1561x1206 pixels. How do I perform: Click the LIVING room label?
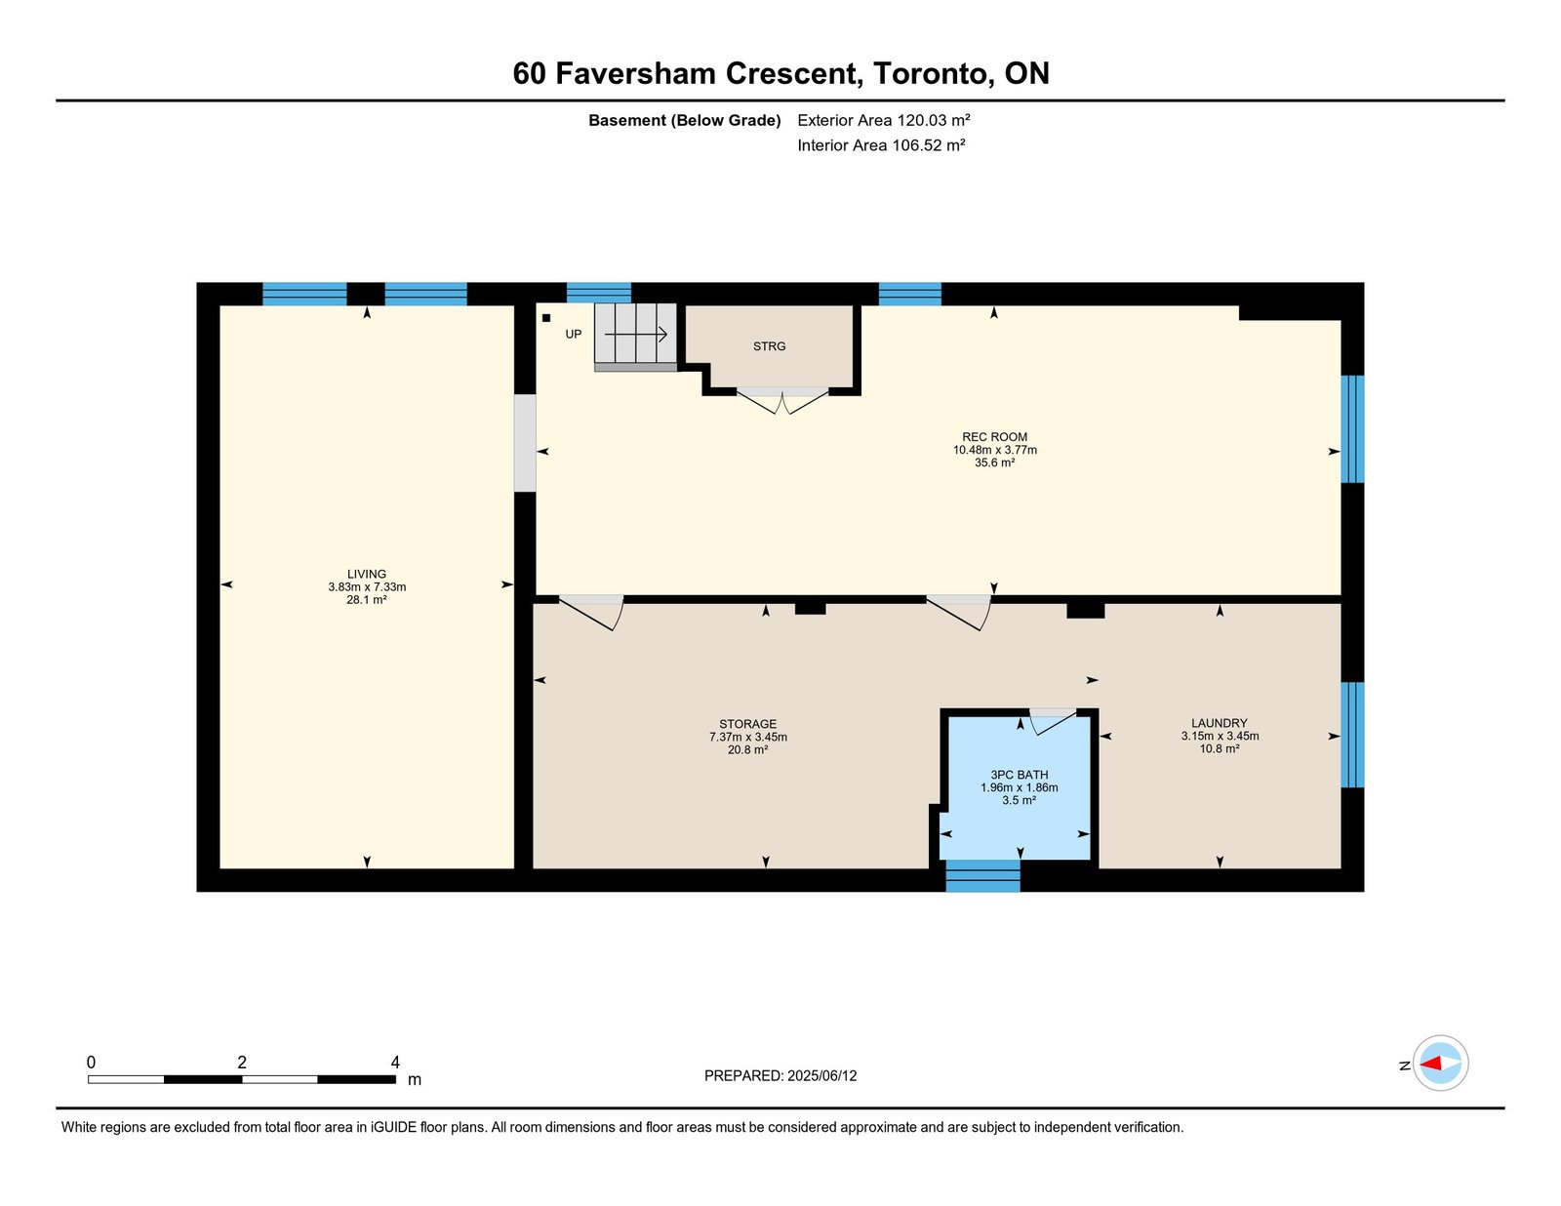367,574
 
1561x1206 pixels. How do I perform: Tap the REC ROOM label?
994,437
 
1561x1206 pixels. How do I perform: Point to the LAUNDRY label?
1220,723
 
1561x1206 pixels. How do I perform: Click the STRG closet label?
769,346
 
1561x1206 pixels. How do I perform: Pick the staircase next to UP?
635,337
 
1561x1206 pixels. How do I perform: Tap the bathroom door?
1053,721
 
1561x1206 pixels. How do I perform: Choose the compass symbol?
1440,1064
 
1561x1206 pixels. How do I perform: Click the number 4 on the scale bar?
394,1063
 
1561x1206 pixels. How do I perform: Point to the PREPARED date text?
780,1075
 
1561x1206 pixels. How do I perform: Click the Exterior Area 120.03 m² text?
884,120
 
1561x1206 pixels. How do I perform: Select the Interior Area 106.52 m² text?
881,145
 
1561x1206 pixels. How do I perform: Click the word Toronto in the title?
931,73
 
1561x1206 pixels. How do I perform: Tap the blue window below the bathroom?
982,875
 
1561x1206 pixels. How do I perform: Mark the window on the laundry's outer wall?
1352,734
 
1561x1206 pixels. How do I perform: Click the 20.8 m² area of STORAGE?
747,749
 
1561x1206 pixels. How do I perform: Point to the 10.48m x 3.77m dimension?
994,450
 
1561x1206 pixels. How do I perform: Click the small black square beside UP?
546,317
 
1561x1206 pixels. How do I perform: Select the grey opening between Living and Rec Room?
525,442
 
